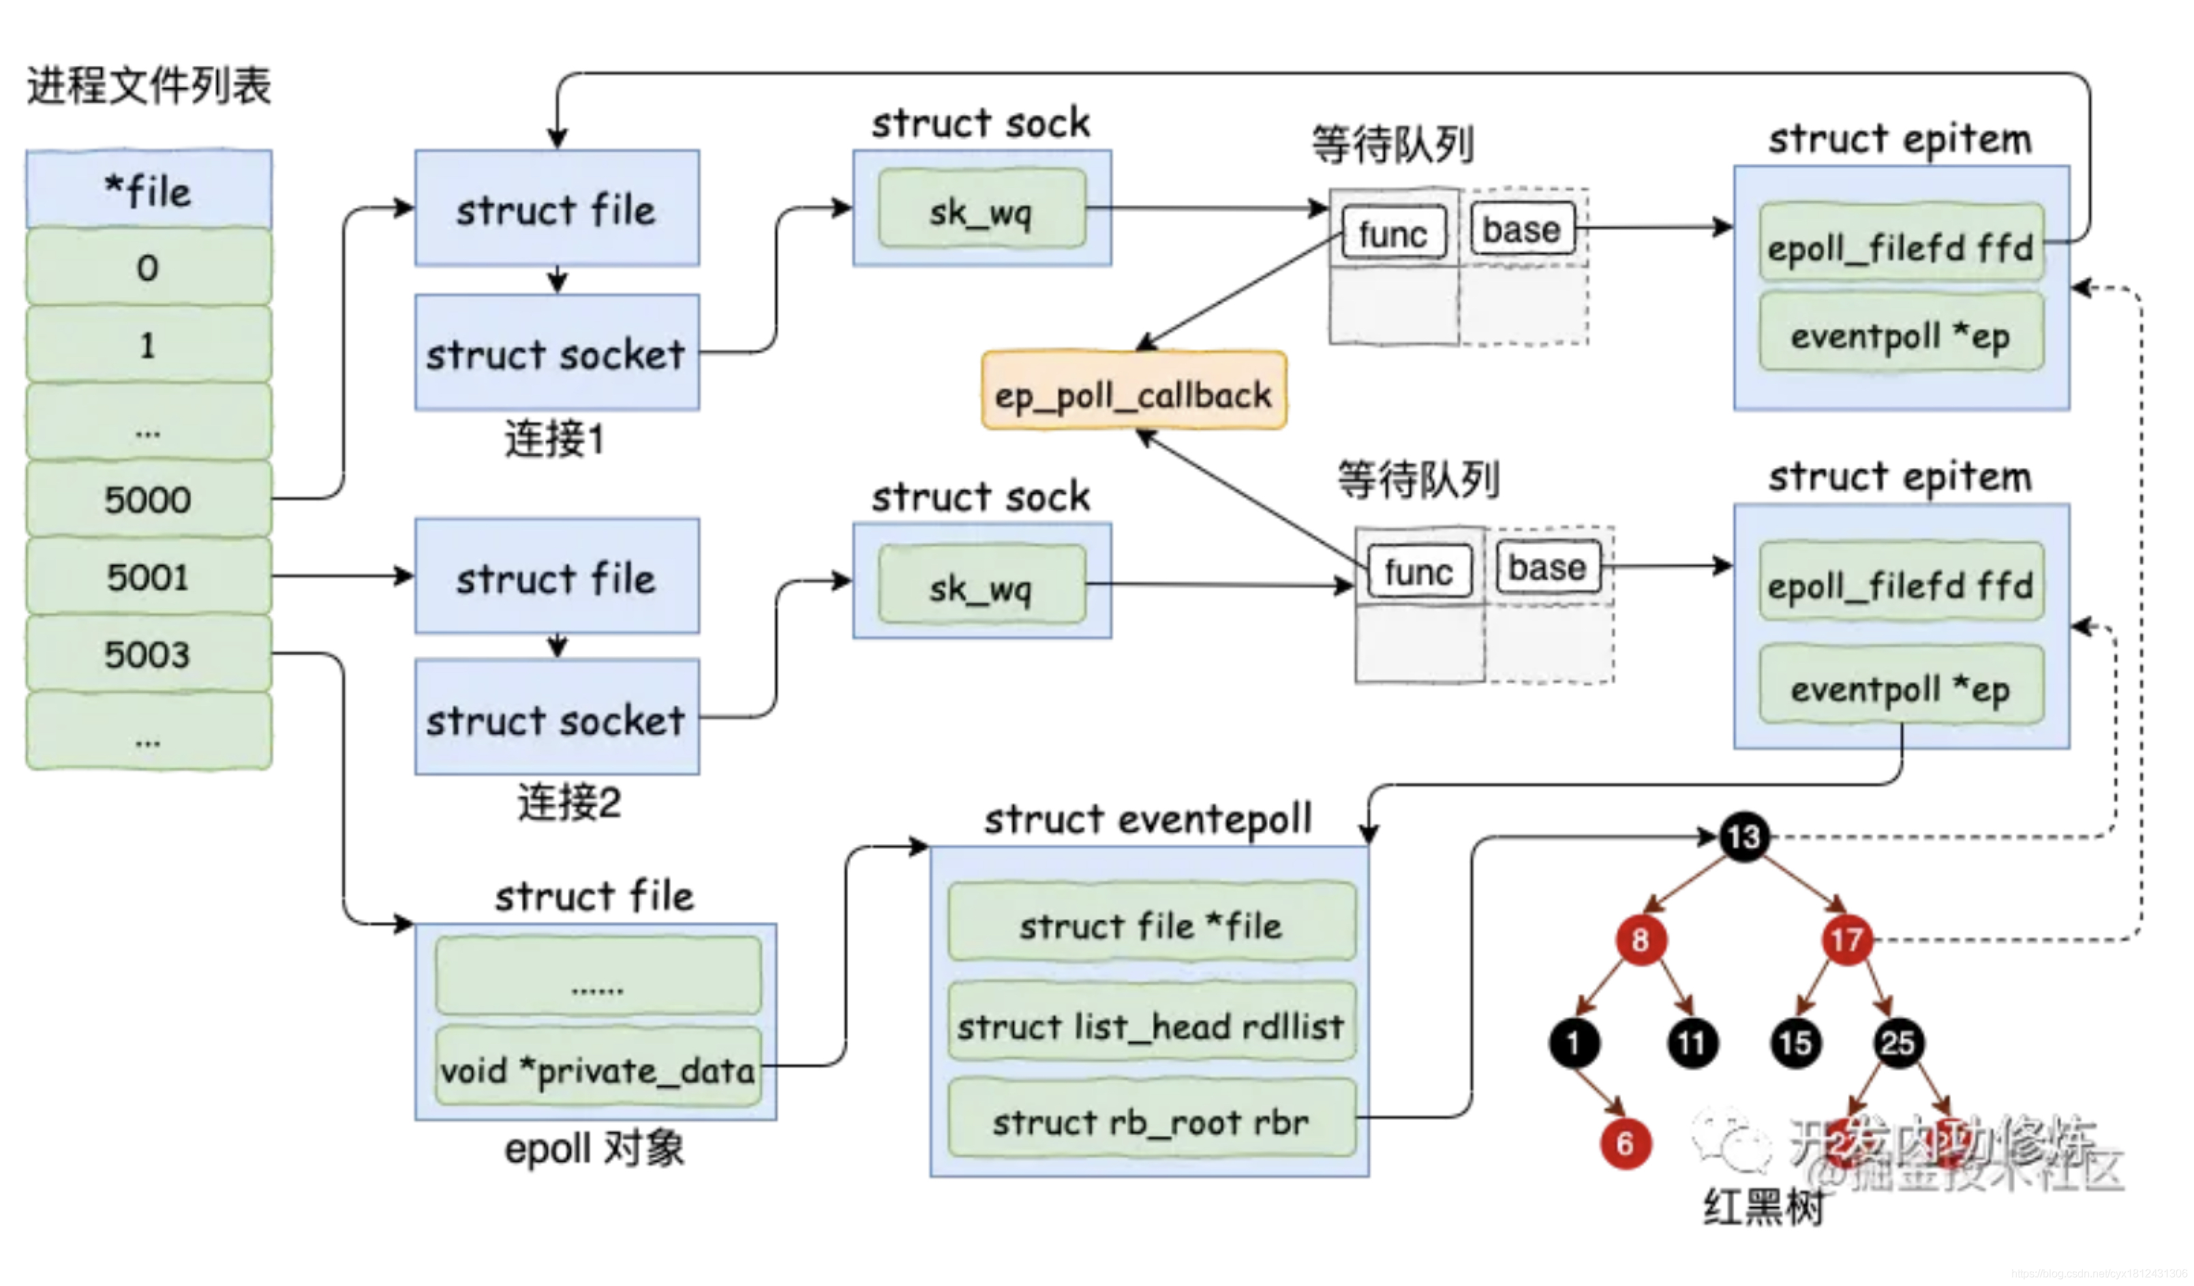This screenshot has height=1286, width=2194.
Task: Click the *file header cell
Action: tap(148, 190)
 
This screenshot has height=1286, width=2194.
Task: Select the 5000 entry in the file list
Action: tap(148, 499)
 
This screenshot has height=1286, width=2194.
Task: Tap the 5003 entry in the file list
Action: tap(148, 654)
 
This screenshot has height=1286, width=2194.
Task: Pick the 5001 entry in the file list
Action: tap(148, 577)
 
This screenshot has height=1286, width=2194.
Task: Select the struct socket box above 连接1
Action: tap(556, 352)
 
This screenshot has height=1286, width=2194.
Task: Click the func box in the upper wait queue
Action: tap(1392, 232)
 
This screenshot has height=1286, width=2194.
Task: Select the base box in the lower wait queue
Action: tap(1547, 568)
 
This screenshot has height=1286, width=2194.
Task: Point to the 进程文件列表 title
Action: tap(149, 85)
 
